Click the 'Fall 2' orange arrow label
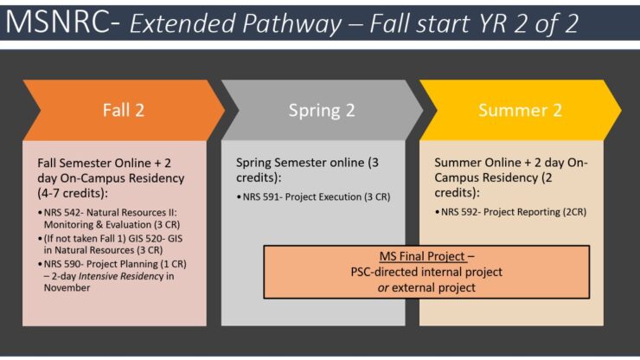click(x=123, y=110)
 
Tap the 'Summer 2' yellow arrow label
click(x=514, y=110)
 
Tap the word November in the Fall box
click(x=66, y=287)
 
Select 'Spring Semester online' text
click(x=299, y=163)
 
